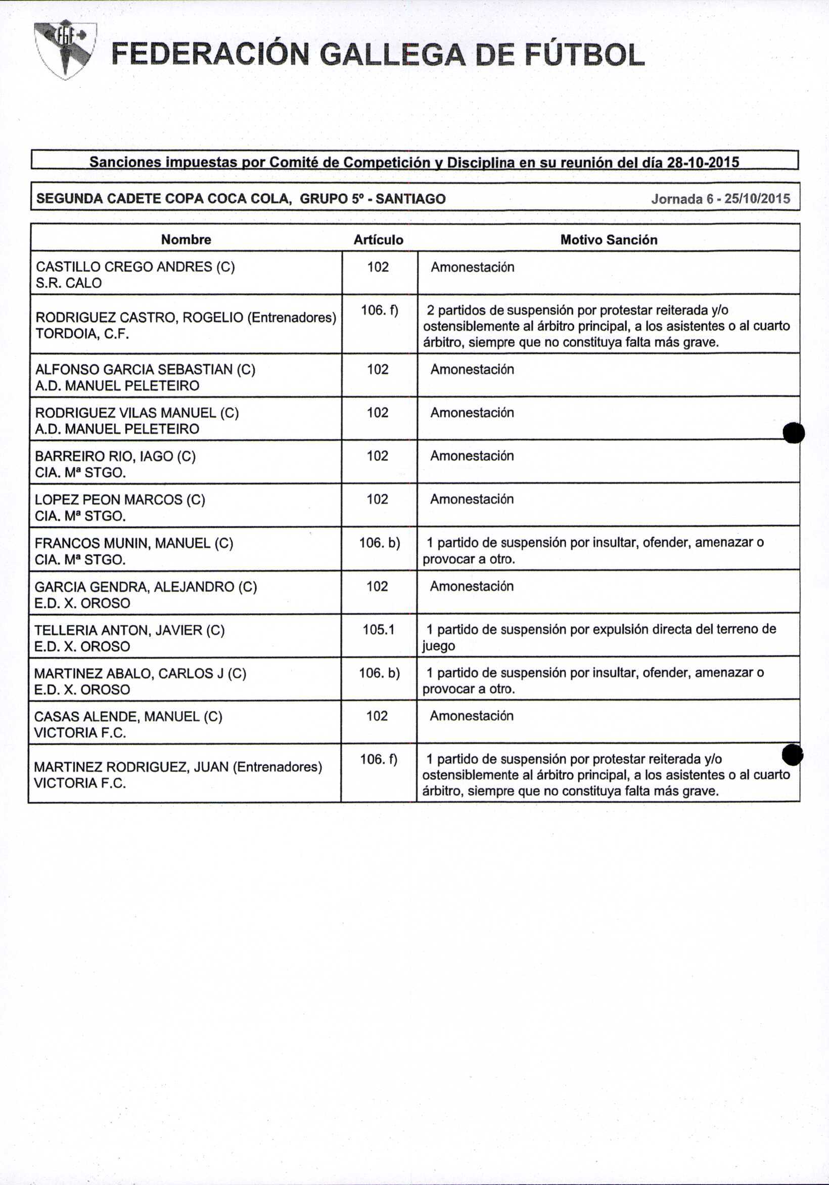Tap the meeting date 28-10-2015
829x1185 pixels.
[703, 163]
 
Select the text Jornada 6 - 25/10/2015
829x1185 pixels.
[720, 199]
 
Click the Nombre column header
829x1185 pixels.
[186, 240]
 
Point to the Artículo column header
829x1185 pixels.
[379, 240]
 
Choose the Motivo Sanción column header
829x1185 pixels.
[609, 240]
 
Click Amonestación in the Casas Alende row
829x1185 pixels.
[471, 716]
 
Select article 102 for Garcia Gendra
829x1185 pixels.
[377, 586]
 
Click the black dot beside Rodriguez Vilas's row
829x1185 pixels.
[794, 433]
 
